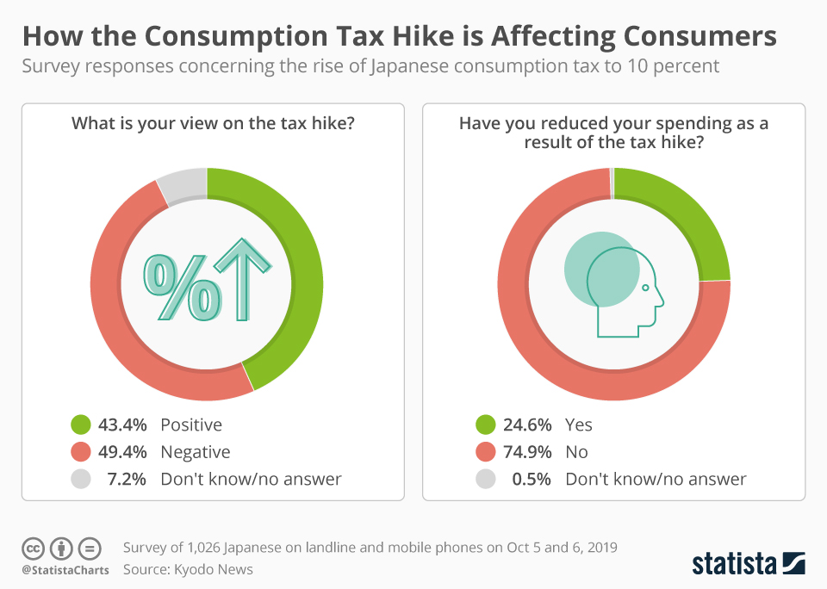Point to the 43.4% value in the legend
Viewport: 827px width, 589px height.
[x=123, y=425]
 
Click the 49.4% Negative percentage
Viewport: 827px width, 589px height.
[x=123, y=452]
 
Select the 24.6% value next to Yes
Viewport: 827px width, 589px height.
[x=528, y=425]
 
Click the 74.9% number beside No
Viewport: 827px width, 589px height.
[x=528, y=452]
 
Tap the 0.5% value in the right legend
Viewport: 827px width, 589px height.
[x=532, y=479]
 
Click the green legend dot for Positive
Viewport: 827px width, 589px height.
[x=80, y=425]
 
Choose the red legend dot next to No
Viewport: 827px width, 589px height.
[x=485, y=452]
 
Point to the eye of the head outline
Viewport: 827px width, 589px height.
[x=645, y=288]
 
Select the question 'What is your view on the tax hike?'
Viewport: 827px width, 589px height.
[x=213, y=123]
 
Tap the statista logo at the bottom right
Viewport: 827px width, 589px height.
[x=748, y=563]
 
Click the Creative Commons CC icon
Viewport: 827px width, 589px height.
[x=34, y=548]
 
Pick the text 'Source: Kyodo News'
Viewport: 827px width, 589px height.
[x=188, y=569]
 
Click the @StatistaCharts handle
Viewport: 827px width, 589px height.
[x=65, y=570]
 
